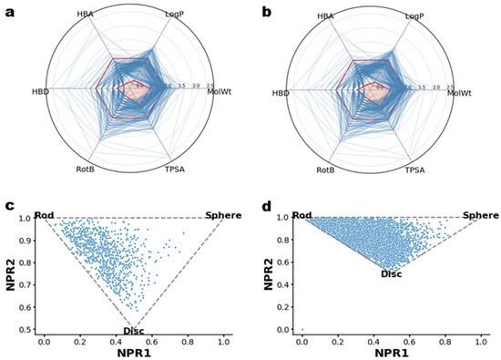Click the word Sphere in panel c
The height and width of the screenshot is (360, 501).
(223, 215)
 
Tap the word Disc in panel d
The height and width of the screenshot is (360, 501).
(391, 273)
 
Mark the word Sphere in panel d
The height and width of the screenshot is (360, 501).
(480, 215)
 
